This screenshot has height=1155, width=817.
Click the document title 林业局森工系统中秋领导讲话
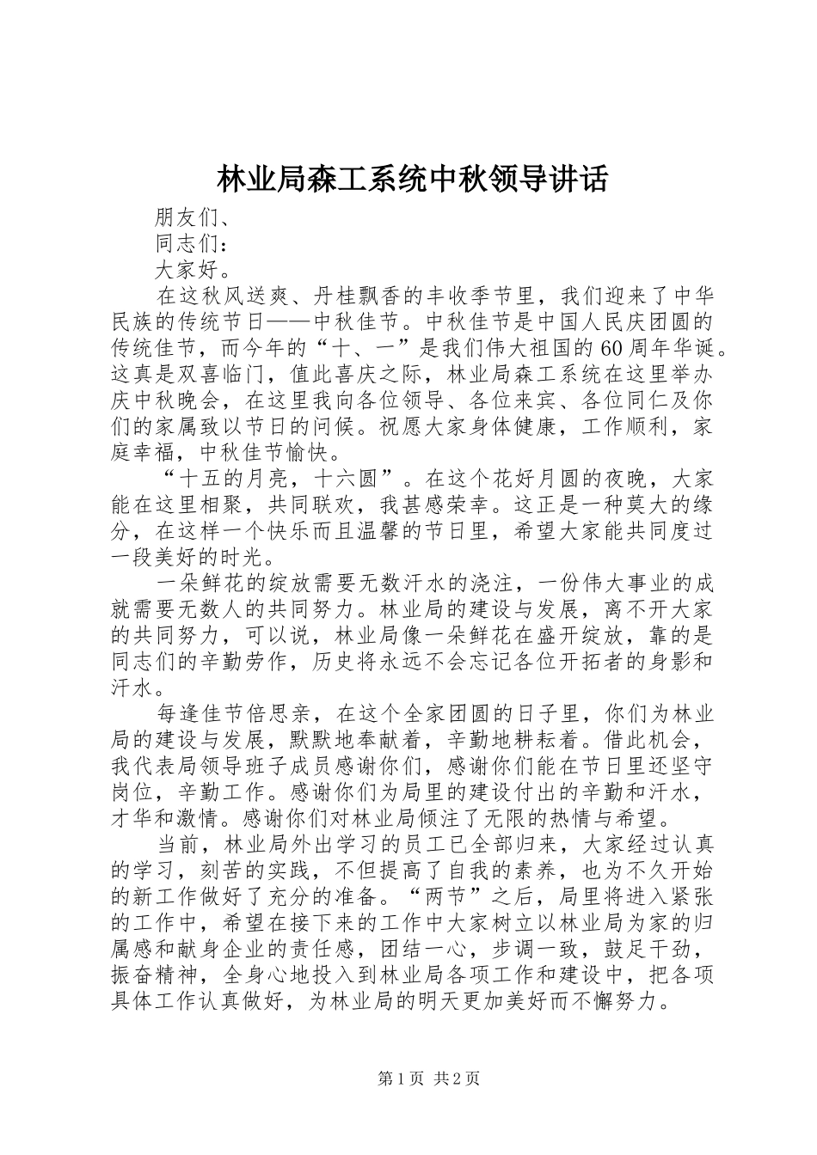coord(411,180)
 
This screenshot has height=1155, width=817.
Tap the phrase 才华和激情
coord(163,816)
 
